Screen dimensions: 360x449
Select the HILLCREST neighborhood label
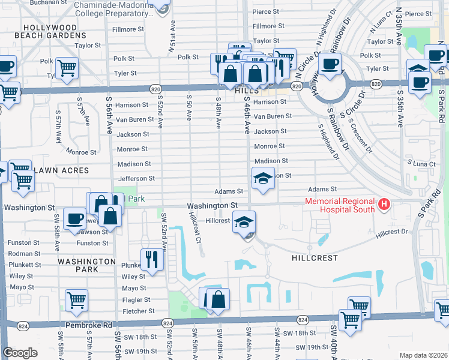[315, 257]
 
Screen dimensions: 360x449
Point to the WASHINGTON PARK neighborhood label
[87, 266]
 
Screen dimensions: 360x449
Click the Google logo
[20, 353]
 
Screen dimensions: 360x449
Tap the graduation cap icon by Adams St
[262, 178]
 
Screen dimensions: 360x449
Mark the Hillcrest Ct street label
[194, 227]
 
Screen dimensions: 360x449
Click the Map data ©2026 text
[423, 355]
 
